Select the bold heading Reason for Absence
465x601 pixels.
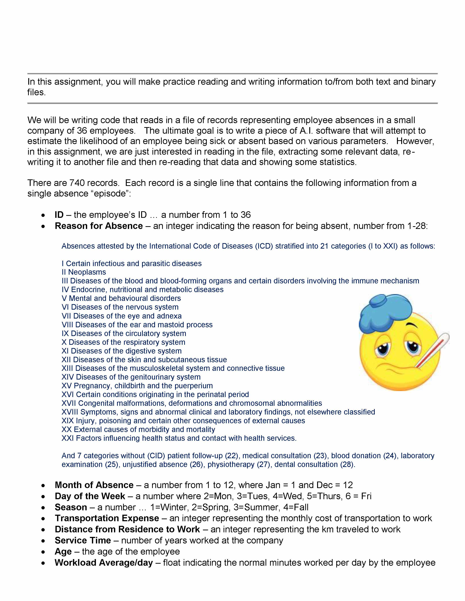tap(99, 226)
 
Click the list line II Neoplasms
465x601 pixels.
tap(84, 272)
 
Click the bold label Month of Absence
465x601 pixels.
tap(94, 485)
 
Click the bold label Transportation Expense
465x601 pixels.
tap(107, 518)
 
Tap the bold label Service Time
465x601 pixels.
tap(83, 540)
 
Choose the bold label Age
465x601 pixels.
tap(63, 551)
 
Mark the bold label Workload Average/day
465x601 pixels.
tap(104, 562)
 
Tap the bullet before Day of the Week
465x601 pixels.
tap(43, 496)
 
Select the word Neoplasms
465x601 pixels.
tap(87, 272)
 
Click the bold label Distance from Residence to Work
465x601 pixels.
tap(127, 529)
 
